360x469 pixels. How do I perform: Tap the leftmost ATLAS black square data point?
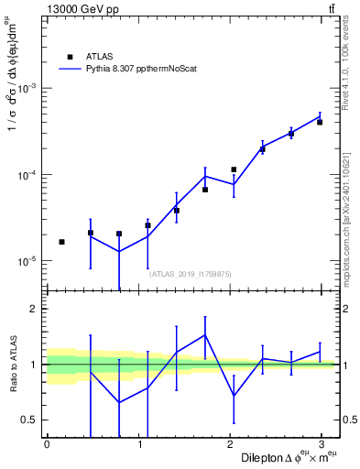[x=61, y=242]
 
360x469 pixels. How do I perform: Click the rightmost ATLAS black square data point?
[x=320, y=122]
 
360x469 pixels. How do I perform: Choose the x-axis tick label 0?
[x=47, y=444]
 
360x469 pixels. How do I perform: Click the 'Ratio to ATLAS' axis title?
[x=12, y=365]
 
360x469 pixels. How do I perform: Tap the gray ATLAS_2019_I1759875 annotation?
[x=191, y=273]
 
